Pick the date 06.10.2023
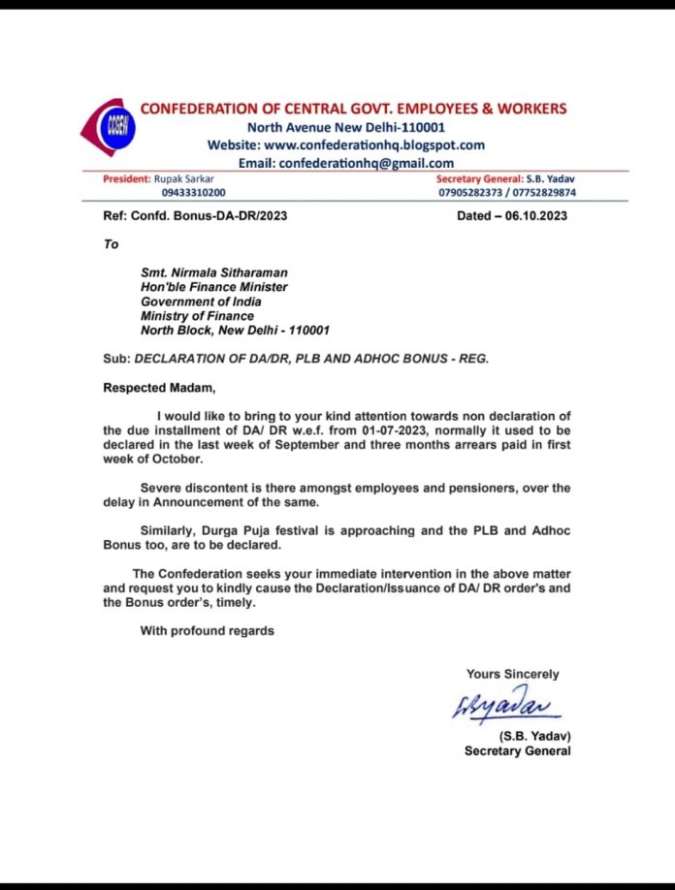[x=532, y=216]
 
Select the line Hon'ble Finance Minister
[x=214, y=287]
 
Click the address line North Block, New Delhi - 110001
[x=236, y=330]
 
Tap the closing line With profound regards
[x=208, y=631]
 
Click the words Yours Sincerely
[x=512, y=674]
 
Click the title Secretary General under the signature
[x=517, y=750]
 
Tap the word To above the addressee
[x=112, y=244]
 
